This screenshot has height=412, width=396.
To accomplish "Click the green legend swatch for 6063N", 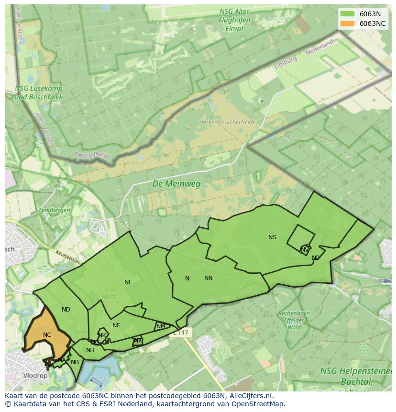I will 348,14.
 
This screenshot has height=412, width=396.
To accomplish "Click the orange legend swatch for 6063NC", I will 348,23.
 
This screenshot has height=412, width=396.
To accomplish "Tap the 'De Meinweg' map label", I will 176,184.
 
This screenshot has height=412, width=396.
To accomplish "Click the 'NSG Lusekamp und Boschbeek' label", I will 39,92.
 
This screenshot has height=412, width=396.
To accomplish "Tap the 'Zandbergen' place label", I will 54,210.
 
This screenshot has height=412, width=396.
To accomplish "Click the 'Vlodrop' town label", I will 35,376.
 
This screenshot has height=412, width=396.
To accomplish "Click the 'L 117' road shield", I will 181,332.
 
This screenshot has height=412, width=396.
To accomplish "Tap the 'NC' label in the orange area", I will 47,335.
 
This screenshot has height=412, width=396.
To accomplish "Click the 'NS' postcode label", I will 272,237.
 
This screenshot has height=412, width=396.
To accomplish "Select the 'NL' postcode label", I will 128,282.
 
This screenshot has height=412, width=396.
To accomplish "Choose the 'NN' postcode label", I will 209,278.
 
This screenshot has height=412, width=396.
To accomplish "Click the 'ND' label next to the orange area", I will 66,310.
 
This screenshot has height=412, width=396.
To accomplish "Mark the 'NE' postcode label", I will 116,325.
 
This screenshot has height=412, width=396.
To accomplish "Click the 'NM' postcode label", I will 161,326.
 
